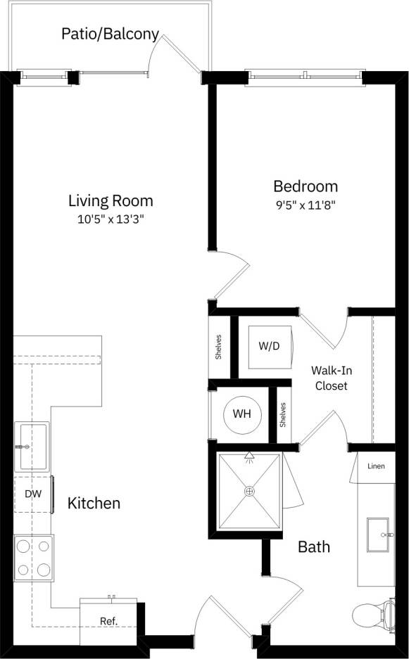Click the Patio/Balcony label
[110, 34]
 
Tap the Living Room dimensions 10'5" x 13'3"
[111, 219]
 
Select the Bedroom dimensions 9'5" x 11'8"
[306, 205]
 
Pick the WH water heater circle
[242, 414]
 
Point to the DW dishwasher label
[33, 494]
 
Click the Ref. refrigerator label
[108, 621]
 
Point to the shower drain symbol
[249, 491]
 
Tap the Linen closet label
[376, 466]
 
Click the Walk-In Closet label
[331, 378]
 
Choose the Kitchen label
[94, 504]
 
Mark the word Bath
[314, 546]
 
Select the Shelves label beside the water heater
[283, 414]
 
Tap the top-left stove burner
[23, 545]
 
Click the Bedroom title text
[306, 186]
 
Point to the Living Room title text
[111, 200]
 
